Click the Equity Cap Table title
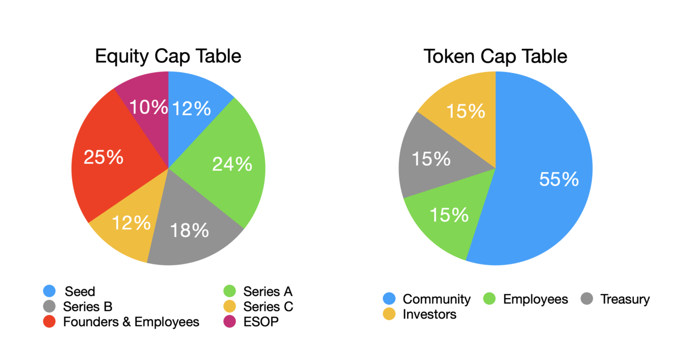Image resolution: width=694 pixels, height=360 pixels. pos(168,56)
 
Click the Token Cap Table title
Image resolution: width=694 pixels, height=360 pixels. pos(495,56)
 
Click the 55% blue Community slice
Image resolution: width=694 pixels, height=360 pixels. pos(548,179)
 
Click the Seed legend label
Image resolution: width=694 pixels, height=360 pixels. pos(80,292)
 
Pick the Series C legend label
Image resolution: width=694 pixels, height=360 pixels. pos(268,307)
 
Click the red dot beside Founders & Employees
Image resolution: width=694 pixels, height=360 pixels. pos(49,322)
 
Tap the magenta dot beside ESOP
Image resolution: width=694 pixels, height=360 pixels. pos(229,322)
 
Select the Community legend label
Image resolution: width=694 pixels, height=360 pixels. pos(436,299)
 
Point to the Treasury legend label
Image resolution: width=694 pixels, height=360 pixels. pos(625,299)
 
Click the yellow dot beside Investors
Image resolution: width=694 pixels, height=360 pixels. pos(389,314)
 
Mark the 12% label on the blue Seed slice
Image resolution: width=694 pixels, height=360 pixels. pos(191,108)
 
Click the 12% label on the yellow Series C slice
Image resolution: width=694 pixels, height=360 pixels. pos(131,222)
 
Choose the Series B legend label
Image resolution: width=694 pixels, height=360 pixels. pos(88,307)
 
